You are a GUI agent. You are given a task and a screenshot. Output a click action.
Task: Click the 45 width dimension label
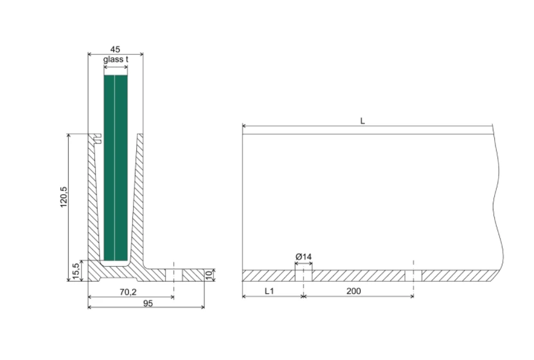[115, 50]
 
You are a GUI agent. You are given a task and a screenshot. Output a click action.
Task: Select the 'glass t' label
[116, 60]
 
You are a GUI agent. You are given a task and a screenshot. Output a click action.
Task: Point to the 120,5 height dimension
[64, 197]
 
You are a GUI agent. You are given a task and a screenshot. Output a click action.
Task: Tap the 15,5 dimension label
[76, 271]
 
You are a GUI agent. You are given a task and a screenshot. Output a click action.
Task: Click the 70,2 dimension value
[128, 292]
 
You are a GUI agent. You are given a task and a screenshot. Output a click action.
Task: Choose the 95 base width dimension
[148, 303]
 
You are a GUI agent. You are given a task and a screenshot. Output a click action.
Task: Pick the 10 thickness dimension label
[209, 275]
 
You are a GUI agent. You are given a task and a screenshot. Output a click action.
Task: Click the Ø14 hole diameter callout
[303, 256]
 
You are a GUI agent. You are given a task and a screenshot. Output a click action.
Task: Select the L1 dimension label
[269, 291]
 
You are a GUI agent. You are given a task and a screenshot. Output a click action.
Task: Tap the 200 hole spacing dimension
[353, 291]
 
